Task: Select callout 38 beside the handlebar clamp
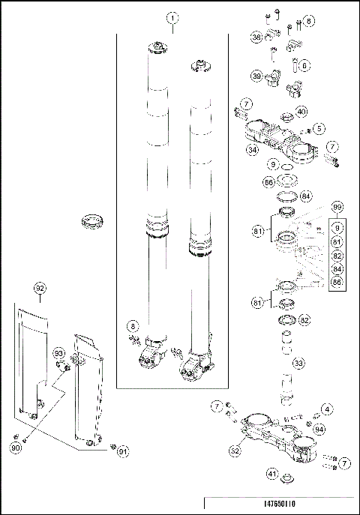[256, 37]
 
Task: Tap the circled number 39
[256, 77]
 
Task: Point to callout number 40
[301, 113]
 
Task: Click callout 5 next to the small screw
[319, 130]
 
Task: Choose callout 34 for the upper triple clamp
[253, 150]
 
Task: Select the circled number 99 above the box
[337, 206]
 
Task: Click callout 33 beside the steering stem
[298, 364]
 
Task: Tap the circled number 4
[327, 409]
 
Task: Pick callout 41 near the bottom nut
[272, 474]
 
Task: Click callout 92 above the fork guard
[40, 287]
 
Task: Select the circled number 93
[58, 352]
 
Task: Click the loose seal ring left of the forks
[93, 221]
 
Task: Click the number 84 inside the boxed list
[337, 269]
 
